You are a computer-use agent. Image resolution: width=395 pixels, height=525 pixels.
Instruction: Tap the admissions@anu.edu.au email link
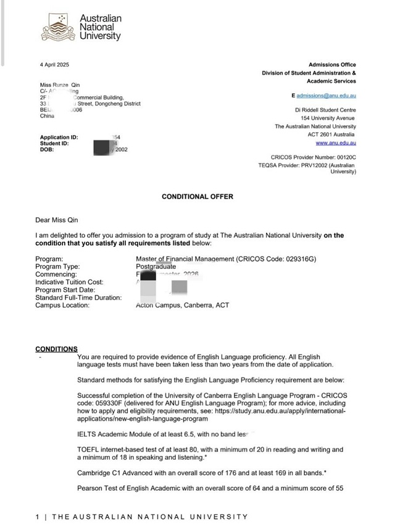pos(326,96)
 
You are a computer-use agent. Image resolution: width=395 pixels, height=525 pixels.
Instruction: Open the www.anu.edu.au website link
pos(336,143)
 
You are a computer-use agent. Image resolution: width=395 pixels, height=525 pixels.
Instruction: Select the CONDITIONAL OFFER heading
pos(197,197)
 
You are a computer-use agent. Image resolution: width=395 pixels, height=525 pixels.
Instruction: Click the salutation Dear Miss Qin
pos(57,220)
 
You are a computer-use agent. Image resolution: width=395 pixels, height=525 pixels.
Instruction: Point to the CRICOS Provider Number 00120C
pos(313,158)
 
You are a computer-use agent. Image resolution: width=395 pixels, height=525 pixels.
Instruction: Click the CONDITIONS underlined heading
pos(56,349)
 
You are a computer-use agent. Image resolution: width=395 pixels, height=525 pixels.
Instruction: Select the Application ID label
pos(59,138)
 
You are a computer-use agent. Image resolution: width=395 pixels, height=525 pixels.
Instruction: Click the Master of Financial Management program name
pos(185,259)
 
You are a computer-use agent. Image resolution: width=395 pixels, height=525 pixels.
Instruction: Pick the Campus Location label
pos(62,305)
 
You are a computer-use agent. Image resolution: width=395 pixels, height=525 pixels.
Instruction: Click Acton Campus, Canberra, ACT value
pos(182,305)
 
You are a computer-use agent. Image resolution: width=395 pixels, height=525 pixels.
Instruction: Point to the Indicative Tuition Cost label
pos(69,282)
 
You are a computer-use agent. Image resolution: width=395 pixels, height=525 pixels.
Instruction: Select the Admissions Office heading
pos(332,65)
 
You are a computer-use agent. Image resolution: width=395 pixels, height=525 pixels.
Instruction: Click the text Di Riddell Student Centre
pos(325,109)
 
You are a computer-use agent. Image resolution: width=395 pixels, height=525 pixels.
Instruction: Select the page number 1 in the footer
pos(38,517)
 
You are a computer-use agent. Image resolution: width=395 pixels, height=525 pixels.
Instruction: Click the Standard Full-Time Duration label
pos(78,297)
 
